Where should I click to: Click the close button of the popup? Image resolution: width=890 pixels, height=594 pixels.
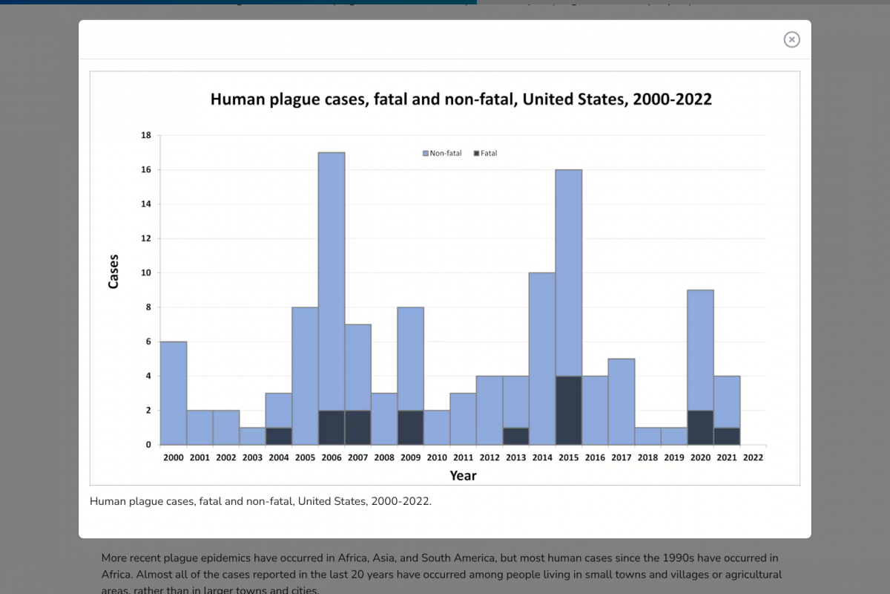point(791,39)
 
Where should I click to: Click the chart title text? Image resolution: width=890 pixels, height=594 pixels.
point(461,99)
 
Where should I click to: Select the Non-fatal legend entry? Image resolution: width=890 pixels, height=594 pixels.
point(442,154)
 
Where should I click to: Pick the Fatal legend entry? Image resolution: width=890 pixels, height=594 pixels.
point(486,154)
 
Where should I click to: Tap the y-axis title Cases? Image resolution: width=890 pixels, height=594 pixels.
point(113,272)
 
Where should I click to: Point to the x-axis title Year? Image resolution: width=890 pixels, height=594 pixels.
point(463,476)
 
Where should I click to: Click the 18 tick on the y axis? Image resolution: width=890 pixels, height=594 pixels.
point(145,136)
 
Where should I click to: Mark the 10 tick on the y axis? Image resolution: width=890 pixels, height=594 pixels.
point(145,273)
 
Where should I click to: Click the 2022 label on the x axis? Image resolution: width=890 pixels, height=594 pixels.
point(753,458)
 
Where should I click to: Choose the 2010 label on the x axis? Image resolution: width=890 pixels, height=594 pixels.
point(437,458)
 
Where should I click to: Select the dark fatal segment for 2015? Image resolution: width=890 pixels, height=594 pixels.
point(568,411)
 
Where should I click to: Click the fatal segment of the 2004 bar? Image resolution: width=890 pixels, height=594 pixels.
point(279,437)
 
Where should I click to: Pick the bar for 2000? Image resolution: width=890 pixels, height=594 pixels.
point(174,394)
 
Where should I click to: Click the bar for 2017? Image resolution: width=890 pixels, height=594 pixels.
point(622,402)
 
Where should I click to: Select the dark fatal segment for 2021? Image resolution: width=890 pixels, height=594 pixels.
point(727,437)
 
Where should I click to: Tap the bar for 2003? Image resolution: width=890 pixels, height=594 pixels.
point(252,437)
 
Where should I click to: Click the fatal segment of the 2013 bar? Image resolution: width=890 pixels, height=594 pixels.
point(515,437)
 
